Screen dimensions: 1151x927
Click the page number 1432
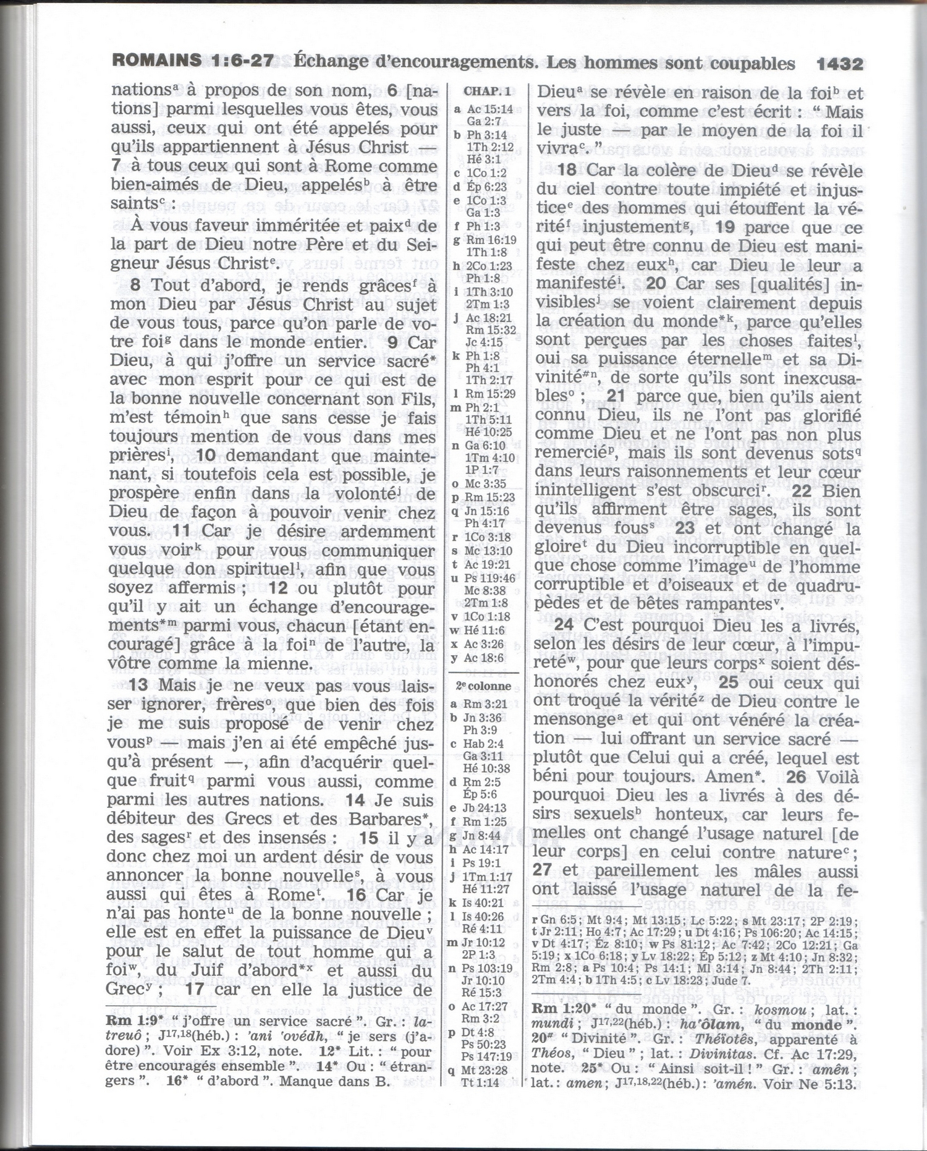[x=839, y=64]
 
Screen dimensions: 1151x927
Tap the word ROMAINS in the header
[x=156, y=60]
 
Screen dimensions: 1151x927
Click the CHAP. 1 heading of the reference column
[x=487, y=91]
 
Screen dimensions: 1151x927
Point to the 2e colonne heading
[x=483, y=686]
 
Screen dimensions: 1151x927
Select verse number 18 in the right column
[x=567, y=170]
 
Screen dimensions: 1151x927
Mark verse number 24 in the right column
[x=564, y=625]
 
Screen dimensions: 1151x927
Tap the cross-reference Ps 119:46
[x=491, y=578]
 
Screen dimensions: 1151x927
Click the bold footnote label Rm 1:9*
[x=134, y=1021]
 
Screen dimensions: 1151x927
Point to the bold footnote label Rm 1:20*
[x=562, y=1009]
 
